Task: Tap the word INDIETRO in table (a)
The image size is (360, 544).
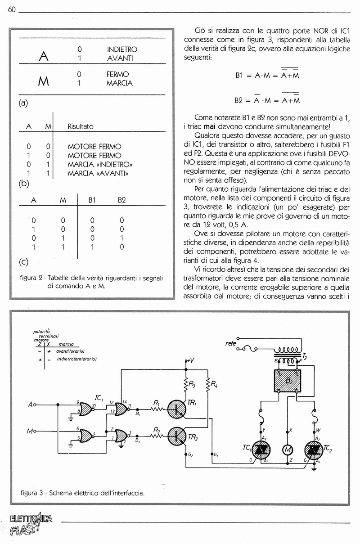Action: [x=122, y=49]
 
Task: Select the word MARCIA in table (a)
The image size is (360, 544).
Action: [x=120, y=83]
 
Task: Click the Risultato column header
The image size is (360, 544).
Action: [x=81, y=126]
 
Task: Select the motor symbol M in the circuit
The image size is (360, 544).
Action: [x=287, y=450]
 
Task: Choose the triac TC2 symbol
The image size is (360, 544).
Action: [x=313, y=450]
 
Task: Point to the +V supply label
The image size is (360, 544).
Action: [x=189, y=360]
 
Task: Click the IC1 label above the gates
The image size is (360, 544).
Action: [x=99, y=398]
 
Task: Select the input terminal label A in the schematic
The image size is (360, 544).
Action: [x=30, y=405]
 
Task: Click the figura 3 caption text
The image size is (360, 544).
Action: [x=83, y=493]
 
